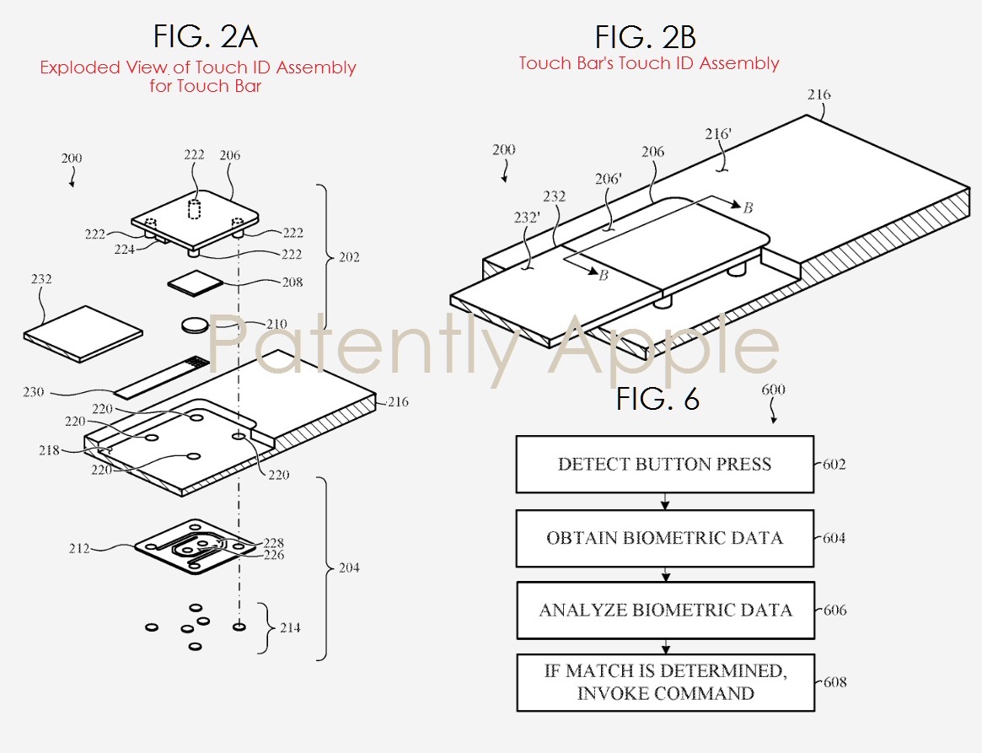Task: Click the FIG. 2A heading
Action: pyautogui.click(x=205, y=36)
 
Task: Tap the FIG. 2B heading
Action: pyautogui.click(x=646, y=36)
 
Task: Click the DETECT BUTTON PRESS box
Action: pyautogui.click(x=664, y=464)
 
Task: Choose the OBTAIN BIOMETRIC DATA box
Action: pyautogui.click(x=664, y=538)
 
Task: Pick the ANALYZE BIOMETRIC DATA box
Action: pyautogui.click(x=665, y=610)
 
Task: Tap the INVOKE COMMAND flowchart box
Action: pyautogui.click(x=665, y=682)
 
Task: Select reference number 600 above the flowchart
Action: pyautogui.click(x=773, y=390)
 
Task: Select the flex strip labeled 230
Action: pyautogui.click(x=160, y=379)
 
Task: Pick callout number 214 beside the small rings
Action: pyautogui.click(x=288, y=627)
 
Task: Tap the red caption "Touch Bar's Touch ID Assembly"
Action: pyautogui.click(x=649, y=63)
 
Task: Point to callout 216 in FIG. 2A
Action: pyautogui.click(x=397, y=402)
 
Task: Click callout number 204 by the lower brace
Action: pyautogui.click(x=348, y=567)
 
